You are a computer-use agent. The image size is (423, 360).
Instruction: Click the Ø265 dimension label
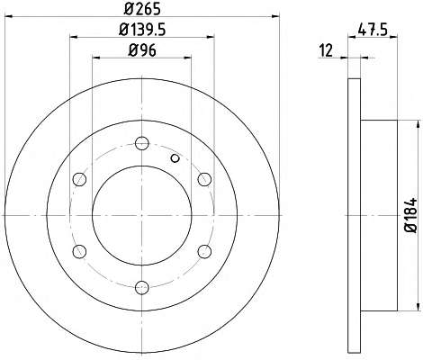pyautogui.click(x=142, y=9)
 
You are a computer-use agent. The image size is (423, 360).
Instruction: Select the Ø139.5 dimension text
pyautogui.click(x=142, y=30)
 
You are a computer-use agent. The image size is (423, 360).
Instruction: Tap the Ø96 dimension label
pyautogui.click(x=142, y=49)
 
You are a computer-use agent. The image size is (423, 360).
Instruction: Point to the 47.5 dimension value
pyautogui.click(x=373, y=30)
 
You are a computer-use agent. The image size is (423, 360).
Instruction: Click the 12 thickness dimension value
pyautogui.click(x=326, y=50)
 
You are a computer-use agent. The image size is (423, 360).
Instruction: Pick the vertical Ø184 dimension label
pyautogui.click(x=411, y=215)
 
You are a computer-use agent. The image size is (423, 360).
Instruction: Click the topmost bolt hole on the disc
pyautogui.click(x=142, y=143)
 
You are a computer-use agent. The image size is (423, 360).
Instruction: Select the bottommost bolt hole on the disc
pyautogui.click(x=142, y=288)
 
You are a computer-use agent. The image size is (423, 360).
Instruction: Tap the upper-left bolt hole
pyautogui.click(x=79, y=179)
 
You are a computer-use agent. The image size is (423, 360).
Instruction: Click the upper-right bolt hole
pyautogui.click(x=204, y=179)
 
